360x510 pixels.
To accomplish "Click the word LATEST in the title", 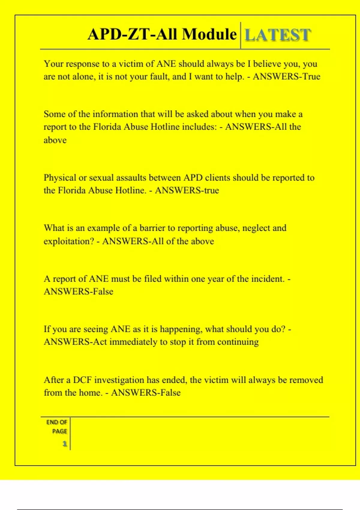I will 278,35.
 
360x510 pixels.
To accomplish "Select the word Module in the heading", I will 209,34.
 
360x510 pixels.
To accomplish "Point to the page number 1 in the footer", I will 64,444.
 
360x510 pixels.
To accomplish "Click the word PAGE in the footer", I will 59,431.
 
